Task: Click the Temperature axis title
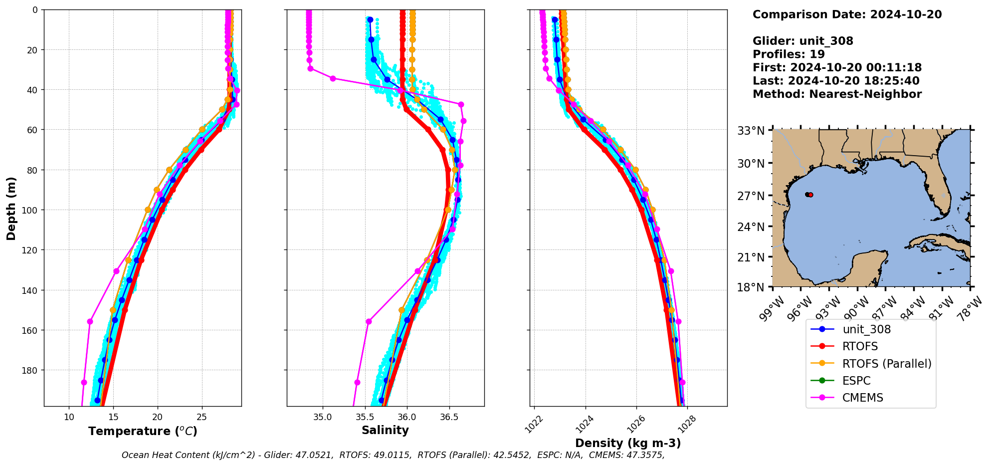tap(143, 431)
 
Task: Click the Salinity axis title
tap(385, 430)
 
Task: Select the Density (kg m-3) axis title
tap(628, 443)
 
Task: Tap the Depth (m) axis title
tap(11, 208)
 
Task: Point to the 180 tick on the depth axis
tap(31, 370)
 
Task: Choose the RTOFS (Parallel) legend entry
tap(886, 364)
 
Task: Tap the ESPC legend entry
tap(856, 381)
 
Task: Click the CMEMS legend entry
tap(862, 398)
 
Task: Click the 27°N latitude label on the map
tap(751, 196)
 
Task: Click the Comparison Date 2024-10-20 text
tap(847, 14)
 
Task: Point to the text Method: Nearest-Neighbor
tap(837, 94)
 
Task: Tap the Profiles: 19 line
tap(789, 54)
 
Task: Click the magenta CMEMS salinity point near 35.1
tap(333, 78)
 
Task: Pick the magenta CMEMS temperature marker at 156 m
tap(90, 321)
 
